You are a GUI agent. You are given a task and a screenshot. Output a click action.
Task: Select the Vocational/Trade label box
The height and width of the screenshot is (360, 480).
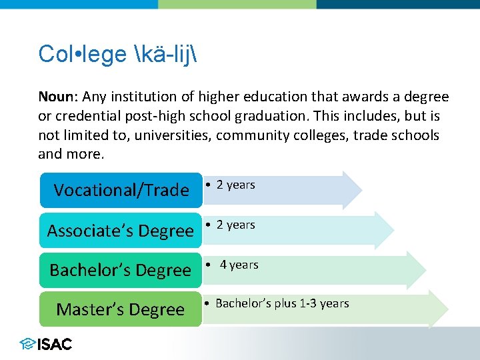121,191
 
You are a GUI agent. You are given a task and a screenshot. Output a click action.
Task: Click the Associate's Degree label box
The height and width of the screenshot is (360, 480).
120,231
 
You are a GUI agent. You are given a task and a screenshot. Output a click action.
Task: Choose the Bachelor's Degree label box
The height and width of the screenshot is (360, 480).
120,270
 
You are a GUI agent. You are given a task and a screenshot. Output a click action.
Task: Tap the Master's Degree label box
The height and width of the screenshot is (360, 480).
120,309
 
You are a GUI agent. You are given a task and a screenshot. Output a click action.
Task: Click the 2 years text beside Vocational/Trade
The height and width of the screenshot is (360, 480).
235,185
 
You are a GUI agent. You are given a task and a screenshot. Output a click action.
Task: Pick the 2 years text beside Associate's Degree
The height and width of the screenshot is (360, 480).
235,225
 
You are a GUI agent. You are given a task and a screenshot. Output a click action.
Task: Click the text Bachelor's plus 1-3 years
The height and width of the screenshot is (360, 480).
282,303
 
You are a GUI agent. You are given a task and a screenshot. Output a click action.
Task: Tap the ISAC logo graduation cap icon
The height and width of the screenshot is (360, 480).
27,344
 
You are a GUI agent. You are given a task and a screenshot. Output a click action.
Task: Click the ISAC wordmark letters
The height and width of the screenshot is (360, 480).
55,344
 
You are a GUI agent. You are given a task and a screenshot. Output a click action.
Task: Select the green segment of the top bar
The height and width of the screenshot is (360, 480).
237,4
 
